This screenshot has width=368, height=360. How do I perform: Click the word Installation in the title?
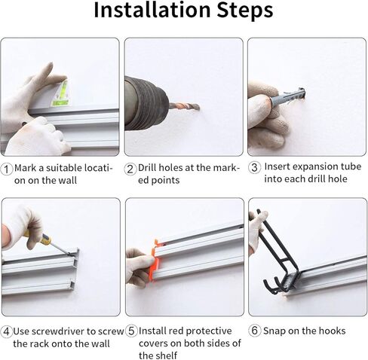pyautogui.click(x=152, y=10)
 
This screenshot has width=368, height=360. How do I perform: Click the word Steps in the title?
pyautogui.click(x=245, y=10)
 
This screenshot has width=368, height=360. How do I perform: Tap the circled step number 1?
pyautogui.click(x=7, y=169)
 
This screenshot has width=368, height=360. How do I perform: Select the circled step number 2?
pyautogui.click(x=130, y=169)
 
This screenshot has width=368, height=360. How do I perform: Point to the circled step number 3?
pyautogui.click(x=254, y=167)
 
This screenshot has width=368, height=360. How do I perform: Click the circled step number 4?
pyautogui.click(x=7, y=331)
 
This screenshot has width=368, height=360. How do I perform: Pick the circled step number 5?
pyautogui.click(x=131, y=331)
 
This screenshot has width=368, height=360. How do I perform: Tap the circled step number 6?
pyautogui.click(x=254, y=331)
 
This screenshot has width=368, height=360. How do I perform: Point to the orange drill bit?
pyautogui.click(x=185, y=107)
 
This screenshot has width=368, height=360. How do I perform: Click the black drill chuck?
pyautogui.click(x=146, y=103)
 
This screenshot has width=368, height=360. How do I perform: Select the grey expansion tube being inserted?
pyautogui.click(x=287, y=96)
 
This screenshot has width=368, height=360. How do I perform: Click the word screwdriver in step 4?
pyautogui.click(x=66, y=331)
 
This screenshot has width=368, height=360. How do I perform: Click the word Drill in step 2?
pyautogui.click(x=146, y=167)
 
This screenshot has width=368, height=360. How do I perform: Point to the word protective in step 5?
pyautogui.click(x=208, y=331)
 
